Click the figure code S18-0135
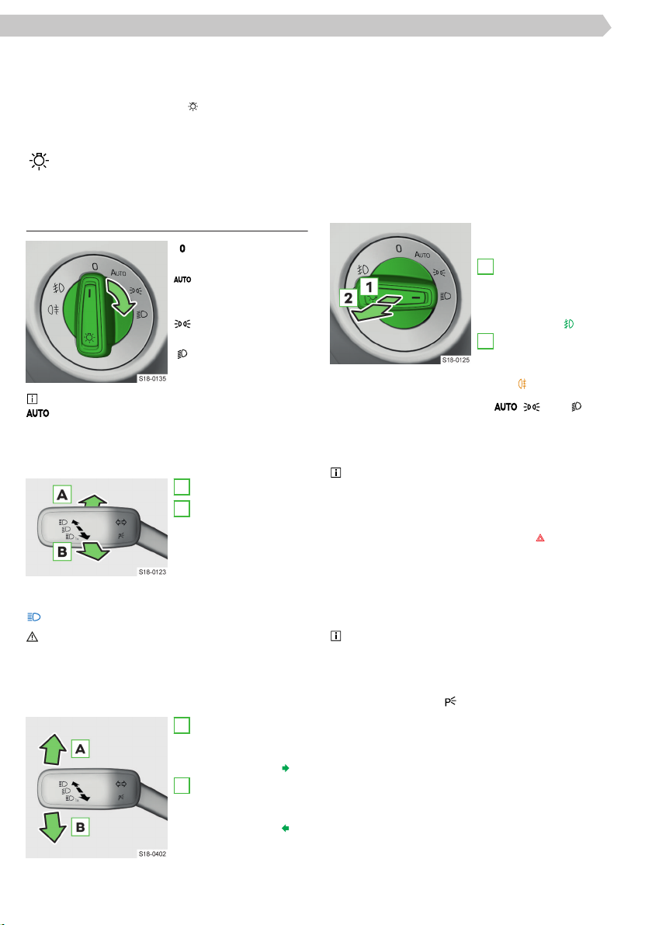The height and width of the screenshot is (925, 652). click(x=152, y=379)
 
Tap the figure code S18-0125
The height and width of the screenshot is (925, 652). click(x=456, y=360)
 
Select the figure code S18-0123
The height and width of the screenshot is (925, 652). click(x=152, y=572)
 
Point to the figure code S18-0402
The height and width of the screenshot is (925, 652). click(x=152, y=854)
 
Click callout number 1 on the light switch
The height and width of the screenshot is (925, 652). click(x=369, y=287)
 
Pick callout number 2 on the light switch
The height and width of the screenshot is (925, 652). click(x=349, y=298)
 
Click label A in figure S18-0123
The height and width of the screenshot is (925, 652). click(x=62, y=495)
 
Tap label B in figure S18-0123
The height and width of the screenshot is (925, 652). click(x=62, y=552)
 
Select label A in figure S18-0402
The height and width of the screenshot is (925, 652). click(x=80, y=749)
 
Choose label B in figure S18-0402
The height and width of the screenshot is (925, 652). click(x=80, y=827)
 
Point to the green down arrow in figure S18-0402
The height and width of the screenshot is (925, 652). click(x=53, y=827)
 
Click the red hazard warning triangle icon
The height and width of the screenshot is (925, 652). click(x=540, y=538)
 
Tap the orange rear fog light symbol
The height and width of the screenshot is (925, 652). click(x=522, y=384)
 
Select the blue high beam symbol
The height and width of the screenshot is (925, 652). click(x=34, y=617)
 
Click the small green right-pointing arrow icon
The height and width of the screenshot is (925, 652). click(x=286, y=768)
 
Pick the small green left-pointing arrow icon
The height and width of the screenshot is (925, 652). click(x=286, y=828)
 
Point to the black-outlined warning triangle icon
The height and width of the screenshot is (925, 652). click(x=33, y=637)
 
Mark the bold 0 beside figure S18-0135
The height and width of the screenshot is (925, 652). click(x=182, y=249)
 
